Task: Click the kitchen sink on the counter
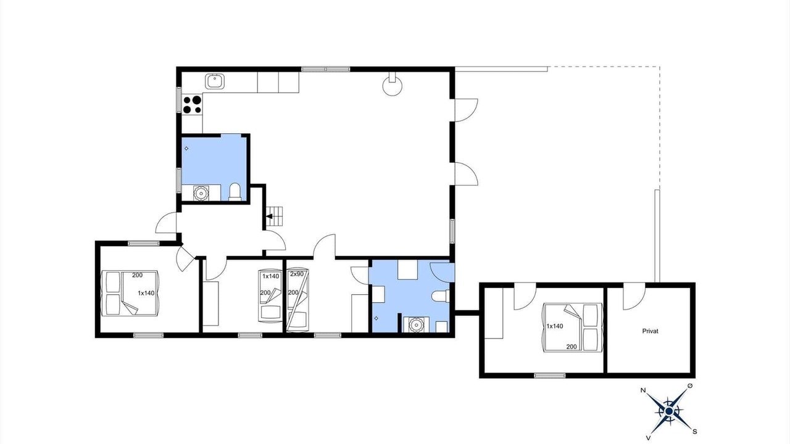click(x=215, y=81)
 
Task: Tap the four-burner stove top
click(x=192, y=105)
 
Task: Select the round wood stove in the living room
click(x=393, y=84)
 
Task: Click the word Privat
click(x=650, y=331)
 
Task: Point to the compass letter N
click(x=643, y=390)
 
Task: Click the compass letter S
click(x=695, y=432)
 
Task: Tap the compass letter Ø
click(x=690, y=386)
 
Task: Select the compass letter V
click(x=648, y=438)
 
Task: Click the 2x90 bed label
click(x=297, y=274)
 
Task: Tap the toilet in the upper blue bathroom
click(x=235, y=192)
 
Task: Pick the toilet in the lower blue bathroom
click(x=441, y=296)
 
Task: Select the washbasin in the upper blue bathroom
click(x=201, y=193)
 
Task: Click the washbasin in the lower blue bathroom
click(x=417, y=324)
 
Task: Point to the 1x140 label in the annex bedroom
click(x=555, y=326)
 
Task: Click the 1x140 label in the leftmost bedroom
click(x=146, y=293)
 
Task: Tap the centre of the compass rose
click(x=668, y=411)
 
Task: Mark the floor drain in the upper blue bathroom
click(x=186, y=149)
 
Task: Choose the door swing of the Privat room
click(x=634, y=297)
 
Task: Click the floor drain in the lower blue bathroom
click(x=376, y=318)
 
